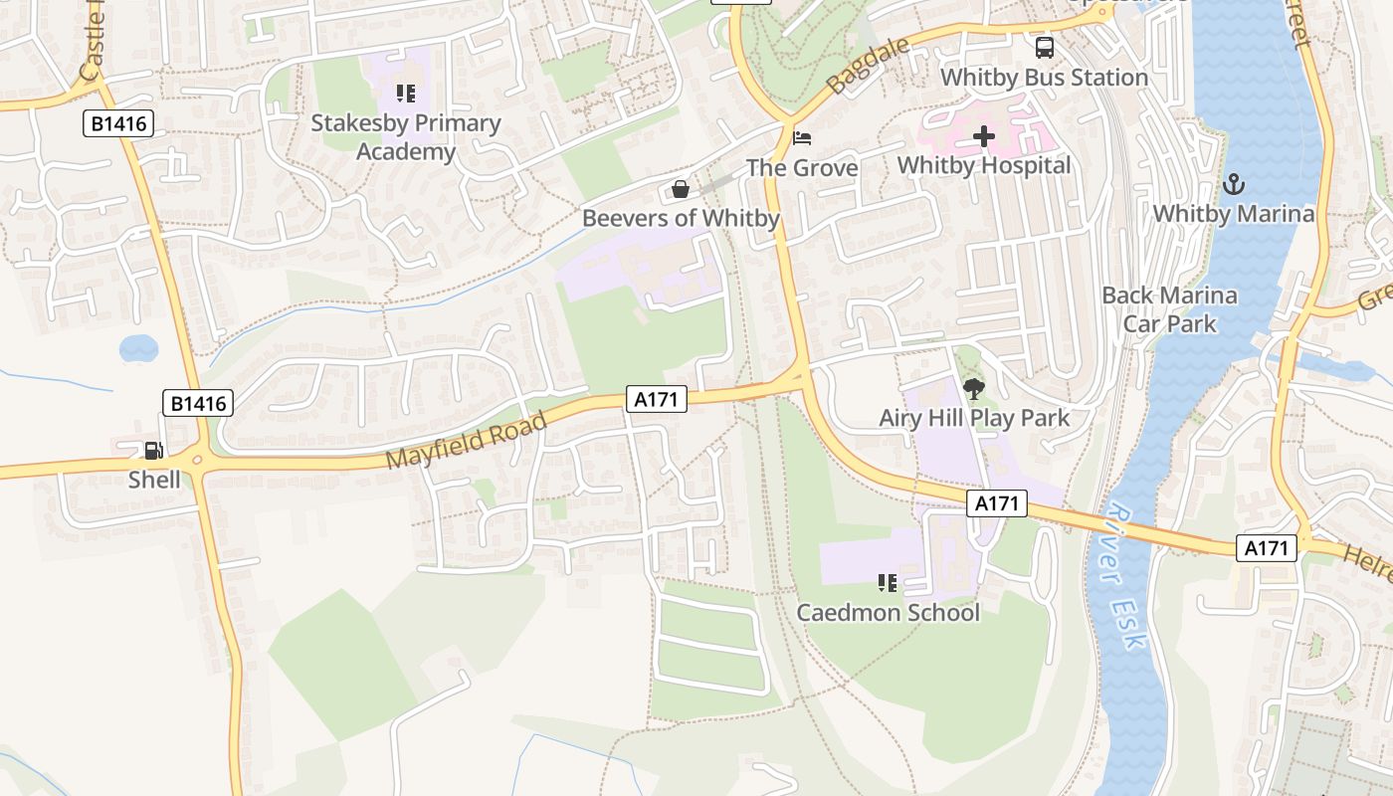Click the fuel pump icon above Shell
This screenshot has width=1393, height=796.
pyautogui.click(x=152, y=451)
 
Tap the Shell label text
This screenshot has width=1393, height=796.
pyautogui.click(x=154, y=480)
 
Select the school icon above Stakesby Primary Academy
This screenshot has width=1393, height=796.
pyautogui.click(x=405, y=94)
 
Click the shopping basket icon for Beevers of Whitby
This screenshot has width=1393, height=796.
pyautogui.click(x=681, y=189)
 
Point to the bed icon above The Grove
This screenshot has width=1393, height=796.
pyautogui.click(x=802, y=138)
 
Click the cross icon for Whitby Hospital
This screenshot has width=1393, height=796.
pyautogui.click(x=984, y=136)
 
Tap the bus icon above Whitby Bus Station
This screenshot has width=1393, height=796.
pyautogui.click(x=1045, y=47)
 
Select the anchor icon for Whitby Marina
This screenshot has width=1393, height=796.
pyautogui.click(x=1233, y=184)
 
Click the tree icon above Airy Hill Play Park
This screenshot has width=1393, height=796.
pyautogui.click(x=973, y=389)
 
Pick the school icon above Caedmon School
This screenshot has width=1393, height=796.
pyautogui.click(x=888, y=583)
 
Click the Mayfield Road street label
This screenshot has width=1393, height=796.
pyautogui.click(x=466, y=441)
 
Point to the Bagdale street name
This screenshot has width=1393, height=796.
pyautogui.click(x=869, y=67)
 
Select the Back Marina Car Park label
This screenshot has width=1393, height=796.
pyautogui.click(x=1169, y=309)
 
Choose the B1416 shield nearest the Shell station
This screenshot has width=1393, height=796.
pyautogui.click(x=198, y=403)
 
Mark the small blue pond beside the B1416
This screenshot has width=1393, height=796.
pyautogui.click(x=138, y=348)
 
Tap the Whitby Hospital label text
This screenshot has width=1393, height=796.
pyautogui.click(x=984, y=165)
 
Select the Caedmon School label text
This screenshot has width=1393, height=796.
pyautogui.click(x=888, y=613)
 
